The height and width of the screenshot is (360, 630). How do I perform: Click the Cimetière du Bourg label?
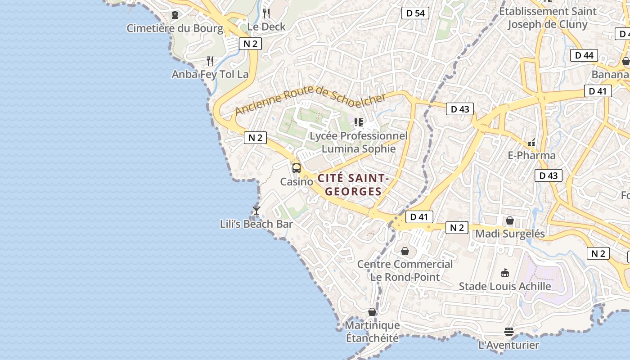[x=175, y=28]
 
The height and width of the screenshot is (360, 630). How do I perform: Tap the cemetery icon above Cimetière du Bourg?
[x=175, y=15]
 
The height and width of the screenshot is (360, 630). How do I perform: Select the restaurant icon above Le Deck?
[x=266, y=13]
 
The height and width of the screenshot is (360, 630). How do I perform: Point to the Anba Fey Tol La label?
[x=210, y=74]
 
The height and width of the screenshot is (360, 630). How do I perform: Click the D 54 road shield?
[x=415, y=13]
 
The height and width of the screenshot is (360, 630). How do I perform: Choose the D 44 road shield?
[x=584, y=55]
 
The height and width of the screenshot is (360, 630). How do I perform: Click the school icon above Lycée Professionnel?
[x=359, y=122]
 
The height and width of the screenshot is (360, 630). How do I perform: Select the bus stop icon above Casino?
[x=297, y=168]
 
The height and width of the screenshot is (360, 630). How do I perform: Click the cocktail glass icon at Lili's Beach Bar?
[x=256, y=211]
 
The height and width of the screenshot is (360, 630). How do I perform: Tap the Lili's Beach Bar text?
[x=256, y=224]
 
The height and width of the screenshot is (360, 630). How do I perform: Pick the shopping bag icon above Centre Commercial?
[x=405, y=251]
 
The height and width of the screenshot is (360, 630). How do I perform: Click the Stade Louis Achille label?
[x=505, y=286]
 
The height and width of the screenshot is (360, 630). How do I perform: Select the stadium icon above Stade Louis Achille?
[x=505, y=273]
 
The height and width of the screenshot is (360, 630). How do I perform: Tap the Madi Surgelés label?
[x=510, y=234]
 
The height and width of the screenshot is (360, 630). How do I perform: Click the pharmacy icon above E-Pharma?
[x=531, y=143]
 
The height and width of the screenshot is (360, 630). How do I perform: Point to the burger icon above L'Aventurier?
[x=509, y=332]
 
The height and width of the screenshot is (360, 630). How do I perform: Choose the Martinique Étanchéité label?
[x=372, y=331]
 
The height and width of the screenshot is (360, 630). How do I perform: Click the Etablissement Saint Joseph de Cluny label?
[x=548, y=18]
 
